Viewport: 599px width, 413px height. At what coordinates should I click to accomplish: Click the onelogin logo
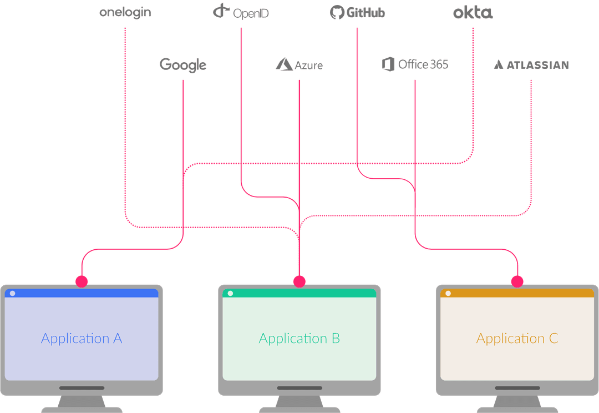tap(125, 13)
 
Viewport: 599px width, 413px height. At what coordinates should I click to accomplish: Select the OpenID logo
tap(241, 12)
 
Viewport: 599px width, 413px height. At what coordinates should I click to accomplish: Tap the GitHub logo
tap(357, 12)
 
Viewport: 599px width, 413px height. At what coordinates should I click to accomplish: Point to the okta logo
tap(473, 13)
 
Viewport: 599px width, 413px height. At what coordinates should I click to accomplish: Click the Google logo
tap(183, 65)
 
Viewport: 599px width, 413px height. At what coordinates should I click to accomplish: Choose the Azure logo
tap(299, 65)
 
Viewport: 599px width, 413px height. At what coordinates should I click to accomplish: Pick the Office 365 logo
tap(415, 64)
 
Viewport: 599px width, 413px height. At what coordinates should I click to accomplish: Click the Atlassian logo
tap(531, 65)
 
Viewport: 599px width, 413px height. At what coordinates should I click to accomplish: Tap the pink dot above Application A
tap(82, 281)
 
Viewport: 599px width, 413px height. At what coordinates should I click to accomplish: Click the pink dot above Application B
tap(299, 281)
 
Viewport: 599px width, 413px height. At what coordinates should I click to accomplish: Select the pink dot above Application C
tap(517, 281)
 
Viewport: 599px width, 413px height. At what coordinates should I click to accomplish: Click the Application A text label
tap(82, 339)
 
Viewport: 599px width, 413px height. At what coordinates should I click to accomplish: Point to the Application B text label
tap(299, 339)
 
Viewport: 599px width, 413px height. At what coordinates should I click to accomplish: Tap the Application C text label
tap(517, 339)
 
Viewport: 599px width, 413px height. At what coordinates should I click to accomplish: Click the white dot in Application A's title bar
tap(13, 293)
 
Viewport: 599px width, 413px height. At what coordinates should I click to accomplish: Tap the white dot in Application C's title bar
tap(448, 293)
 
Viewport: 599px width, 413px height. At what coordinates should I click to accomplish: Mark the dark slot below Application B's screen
tap(299, 387)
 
